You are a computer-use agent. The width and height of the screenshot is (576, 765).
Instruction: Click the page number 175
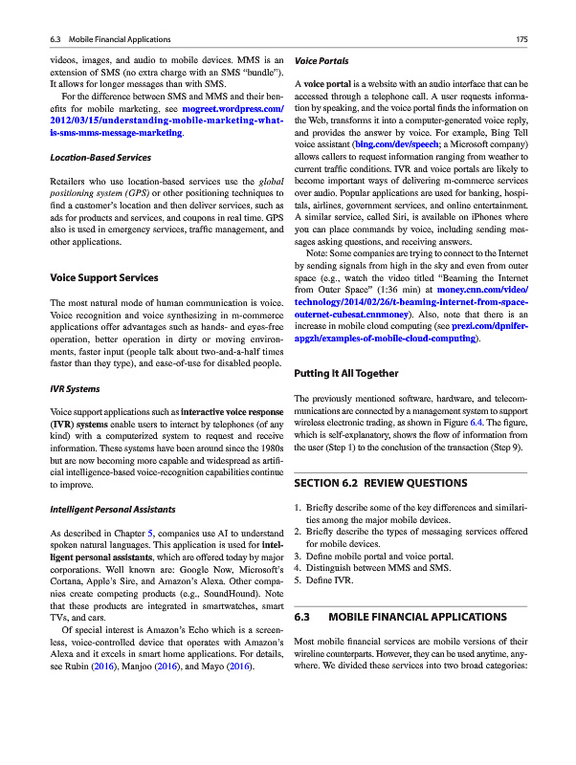pos(521,39)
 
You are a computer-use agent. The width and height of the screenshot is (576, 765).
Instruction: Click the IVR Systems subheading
pos(75,389)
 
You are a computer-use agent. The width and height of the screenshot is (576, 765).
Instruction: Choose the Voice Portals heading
pos(321,60)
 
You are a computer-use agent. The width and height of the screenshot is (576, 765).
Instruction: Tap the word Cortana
pos(67,592)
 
